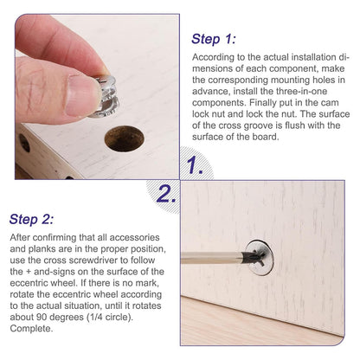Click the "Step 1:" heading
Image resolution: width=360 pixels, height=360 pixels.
pyautogui.click(x=214, y=39)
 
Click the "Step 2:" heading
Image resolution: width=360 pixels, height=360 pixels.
pyautogui.click(x=31, y=219)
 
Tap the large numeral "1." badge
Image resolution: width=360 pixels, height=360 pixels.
pyautogui.click(x=195, y=166)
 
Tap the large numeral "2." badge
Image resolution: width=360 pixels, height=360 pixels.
pyautogui.click(x=166, y=194)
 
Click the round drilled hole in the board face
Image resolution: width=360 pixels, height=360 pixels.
pyautogui.click(x=125, y=138)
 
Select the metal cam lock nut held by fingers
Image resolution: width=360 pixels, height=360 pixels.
pyautogui.click(x=106, y=96)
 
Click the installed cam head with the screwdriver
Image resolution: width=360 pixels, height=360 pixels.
pyautogui.click(x=260, y=258)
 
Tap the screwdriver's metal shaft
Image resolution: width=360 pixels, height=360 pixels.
pyautogui.click(x=211, y=258)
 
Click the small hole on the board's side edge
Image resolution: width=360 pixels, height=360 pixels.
pyautogui.click(x=24, y=143)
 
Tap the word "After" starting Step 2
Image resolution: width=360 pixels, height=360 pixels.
pyautogui.click(x=20, y=237)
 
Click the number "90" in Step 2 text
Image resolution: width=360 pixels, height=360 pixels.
pyautogui.click(x=42, y=317)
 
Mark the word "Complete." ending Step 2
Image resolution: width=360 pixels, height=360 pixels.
pyautogui.click(x=31, y=329)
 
